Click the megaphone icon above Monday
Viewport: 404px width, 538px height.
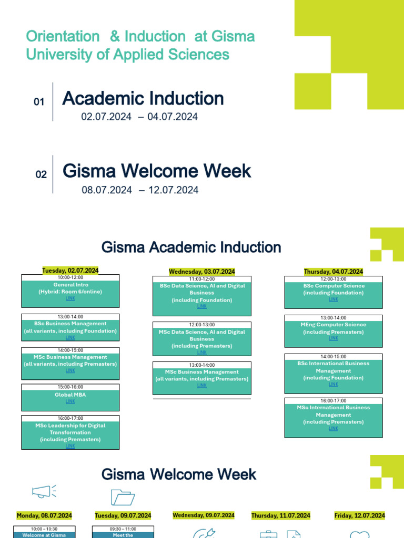click(43, 492)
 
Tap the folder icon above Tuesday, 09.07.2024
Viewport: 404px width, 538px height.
click(123, 496)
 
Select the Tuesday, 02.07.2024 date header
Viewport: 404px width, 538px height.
click(70, 271)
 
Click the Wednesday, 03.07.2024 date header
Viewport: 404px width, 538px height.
click(202, 272)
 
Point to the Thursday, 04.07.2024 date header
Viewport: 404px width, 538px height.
click(334, 272)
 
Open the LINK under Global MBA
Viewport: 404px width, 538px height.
click(70, 401)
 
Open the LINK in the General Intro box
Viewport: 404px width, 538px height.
click(70, 298)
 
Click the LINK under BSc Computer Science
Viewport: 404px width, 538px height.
click(334, 299)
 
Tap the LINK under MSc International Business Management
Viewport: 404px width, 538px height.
click(334, 429)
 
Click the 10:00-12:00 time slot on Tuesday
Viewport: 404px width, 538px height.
click(70, 277)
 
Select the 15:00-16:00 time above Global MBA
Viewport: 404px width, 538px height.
click(70, 387)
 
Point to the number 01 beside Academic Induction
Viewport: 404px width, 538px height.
click(39, 102)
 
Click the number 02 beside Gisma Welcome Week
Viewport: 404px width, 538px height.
click(41, 175)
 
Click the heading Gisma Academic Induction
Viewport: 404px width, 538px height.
click(191, 247)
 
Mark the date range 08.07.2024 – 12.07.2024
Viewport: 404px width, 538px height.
click(140, 190)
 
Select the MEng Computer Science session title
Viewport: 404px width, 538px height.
click(334, 325)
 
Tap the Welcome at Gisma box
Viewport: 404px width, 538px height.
click(44, 535)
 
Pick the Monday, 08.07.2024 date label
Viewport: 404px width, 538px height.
click(44, 515)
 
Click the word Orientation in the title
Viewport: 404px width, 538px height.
click(63, 37)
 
